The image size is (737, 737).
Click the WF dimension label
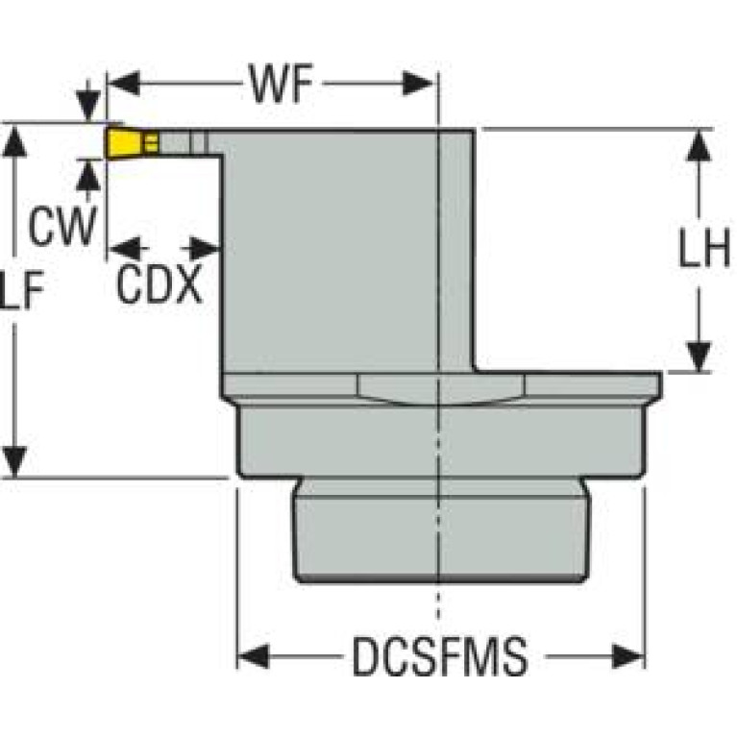point(283,86)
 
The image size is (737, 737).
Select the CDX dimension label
point(160,284)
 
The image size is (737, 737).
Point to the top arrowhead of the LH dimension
point(700,142)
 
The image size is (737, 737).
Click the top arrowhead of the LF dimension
point(14,139)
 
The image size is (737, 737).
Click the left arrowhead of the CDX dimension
point(119,249)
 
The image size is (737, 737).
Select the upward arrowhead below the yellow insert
point(88,172)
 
